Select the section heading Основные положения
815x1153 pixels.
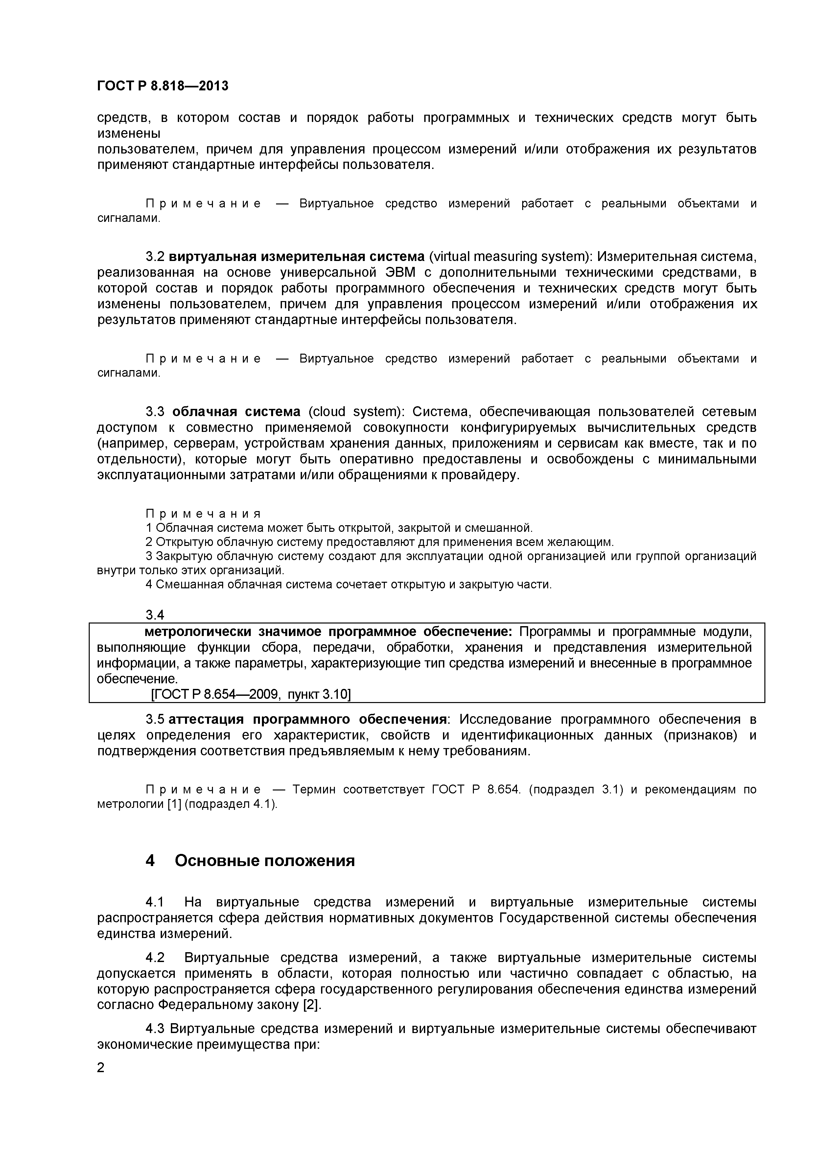pyautogui.click(x=265, y=861)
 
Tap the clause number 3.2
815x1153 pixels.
pyautogui.click(x=155, y=257)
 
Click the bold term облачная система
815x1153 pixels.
pyautogui.click(x=236, y=412)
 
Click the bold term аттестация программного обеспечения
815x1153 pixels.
pyautogui.click(x=307, y=719)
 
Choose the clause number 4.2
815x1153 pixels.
pyautogui.click(x=155, y=958)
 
